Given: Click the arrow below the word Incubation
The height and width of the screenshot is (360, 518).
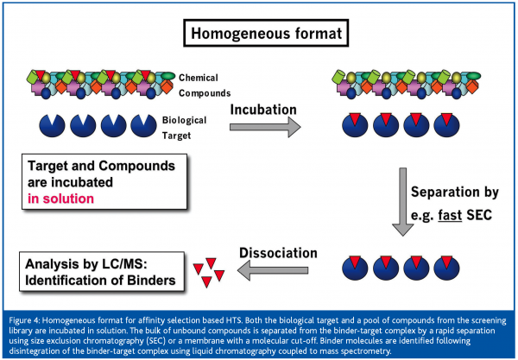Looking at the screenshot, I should tap(264, 126).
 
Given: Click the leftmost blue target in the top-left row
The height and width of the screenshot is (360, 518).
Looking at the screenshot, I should tap(51, 123).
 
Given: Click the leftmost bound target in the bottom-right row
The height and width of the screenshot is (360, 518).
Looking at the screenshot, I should tap(352, 267).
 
